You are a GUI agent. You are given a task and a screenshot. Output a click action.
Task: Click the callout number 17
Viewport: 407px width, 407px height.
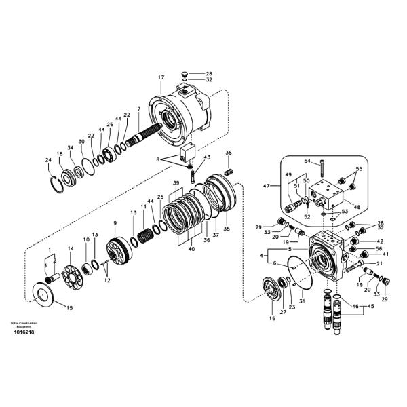pyautogui.click(x=161, y=78)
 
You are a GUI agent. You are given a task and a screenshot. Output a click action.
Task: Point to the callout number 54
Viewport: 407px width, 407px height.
pyautogui.click(x=307, y=161)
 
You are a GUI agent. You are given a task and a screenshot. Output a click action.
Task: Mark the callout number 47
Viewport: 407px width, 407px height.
pyautogui.click(x=266, y=185)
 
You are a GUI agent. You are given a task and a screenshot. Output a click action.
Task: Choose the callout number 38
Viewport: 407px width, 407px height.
pyautogui.click(x=229, y=153)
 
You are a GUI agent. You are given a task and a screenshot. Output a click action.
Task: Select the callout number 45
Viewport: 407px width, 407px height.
pyautogui.click(x=371, y=306)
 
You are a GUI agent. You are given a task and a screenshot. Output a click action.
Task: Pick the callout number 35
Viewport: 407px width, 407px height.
pyautogui.click(x=227, y=229)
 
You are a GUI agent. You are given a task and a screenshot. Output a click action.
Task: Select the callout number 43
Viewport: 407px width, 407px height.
pyautogui.click(x=207, y=157)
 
